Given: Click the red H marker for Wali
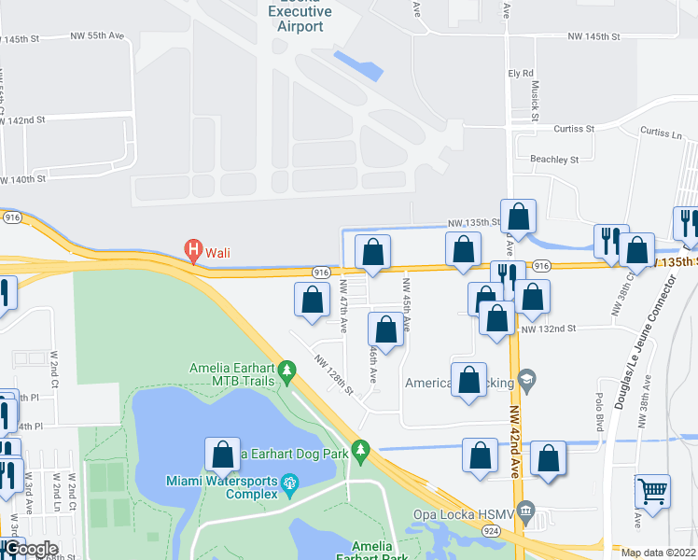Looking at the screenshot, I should tap(193, 250).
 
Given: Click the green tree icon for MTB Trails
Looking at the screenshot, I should tap(288, 373).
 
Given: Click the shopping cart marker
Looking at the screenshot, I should tap(653, 492).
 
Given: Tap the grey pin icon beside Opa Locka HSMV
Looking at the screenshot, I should tap(526, 510).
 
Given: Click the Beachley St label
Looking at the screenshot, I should tap(554, 160).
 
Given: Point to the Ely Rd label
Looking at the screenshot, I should tap(520, 73).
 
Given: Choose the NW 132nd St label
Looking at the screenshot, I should tap(549, 329).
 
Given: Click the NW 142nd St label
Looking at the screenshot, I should tap(22, 120).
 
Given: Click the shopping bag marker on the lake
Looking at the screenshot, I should tap(223, 455).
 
